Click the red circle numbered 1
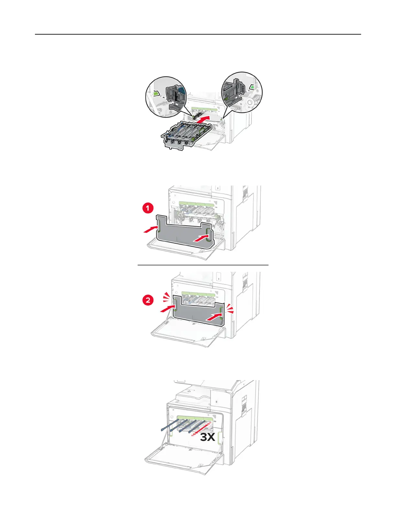[x=148, y=208]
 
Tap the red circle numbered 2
[x=148, y=300]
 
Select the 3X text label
[x=207, y=437]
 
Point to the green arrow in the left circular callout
[x=156, y=93]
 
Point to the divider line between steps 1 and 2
[x=203, y=265]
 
